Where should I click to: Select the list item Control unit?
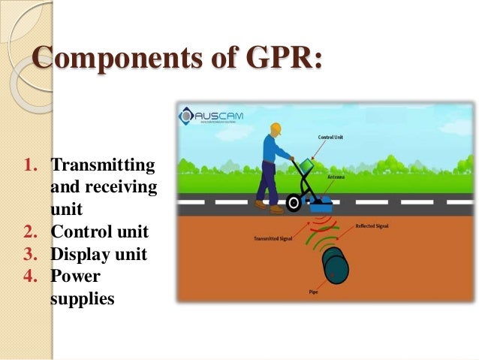coord(100,231)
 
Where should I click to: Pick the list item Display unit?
coord(98,254)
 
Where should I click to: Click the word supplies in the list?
coord(82,298)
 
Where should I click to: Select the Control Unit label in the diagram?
coord(325,138)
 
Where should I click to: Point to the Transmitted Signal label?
coord(267,241)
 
